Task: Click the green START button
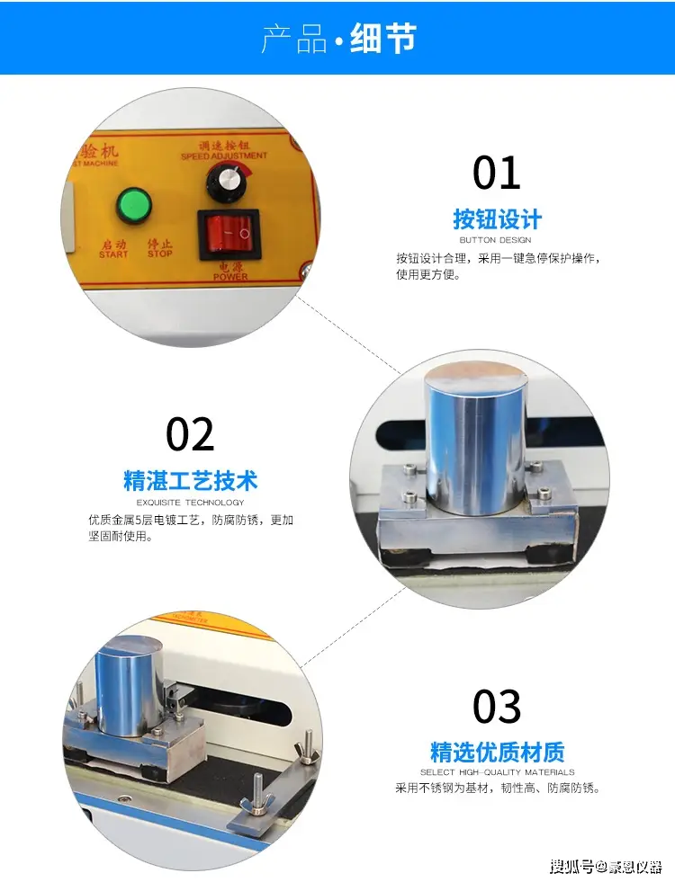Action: click(134, 205)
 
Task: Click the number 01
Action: click(497, 173)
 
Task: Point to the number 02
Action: click(190, 435)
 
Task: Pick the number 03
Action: click(497, 707)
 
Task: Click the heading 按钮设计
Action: click(497, 219)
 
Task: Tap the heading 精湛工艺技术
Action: click(190, 480)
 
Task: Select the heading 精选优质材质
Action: click(497, 752)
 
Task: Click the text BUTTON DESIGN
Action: click(496, 240)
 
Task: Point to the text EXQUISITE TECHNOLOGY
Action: click(190, 503)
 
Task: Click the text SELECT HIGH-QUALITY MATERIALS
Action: click(497, 772)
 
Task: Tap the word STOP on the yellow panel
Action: click(159, 254)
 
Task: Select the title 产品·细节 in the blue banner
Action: click(337, 39)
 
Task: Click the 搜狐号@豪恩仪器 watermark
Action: click(605, 867)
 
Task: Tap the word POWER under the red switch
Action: click(229, 276)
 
